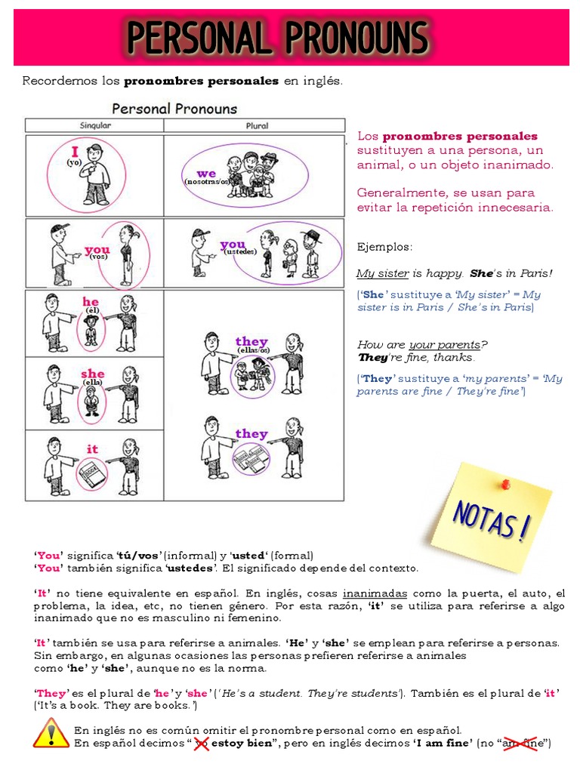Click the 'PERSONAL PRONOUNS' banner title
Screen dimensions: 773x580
(277, 38)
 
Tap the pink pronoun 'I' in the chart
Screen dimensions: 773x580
(76, 151)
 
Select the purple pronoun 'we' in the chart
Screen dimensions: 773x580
(206, 174)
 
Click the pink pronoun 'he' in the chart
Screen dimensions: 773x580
(91, 302)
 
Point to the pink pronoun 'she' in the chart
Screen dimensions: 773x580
(92, 374)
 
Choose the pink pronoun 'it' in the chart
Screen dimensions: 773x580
(92, 449)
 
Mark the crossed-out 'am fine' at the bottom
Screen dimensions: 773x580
(523, 744)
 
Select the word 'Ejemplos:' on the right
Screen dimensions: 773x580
(385, 247)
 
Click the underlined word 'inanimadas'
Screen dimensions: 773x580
(375, 593)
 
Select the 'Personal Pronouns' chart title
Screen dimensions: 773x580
(174, 109)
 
